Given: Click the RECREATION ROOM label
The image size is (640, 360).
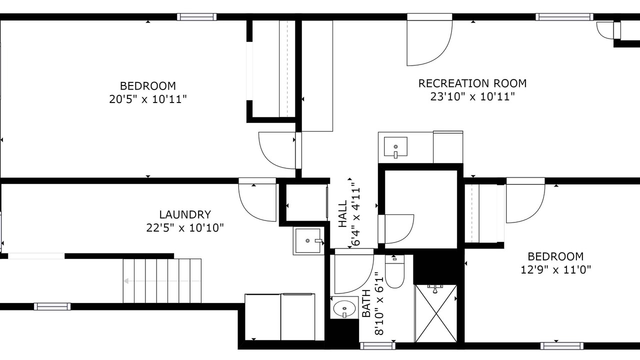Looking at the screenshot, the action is click(472, 83).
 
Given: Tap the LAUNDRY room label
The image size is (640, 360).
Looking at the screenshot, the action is click(185, 214).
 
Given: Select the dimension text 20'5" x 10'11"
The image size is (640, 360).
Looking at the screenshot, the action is click(147, 99).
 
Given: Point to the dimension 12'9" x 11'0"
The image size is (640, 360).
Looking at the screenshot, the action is click(555, 269).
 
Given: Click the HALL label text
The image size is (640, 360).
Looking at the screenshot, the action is click(342, 213).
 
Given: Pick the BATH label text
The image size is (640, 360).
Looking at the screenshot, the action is click(366, 303).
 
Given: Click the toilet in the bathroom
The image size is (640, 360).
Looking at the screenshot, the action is click(394, 271).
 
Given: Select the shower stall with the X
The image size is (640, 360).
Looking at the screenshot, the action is click(435, 313).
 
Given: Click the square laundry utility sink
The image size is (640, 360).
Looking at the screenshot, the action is click(308, 240).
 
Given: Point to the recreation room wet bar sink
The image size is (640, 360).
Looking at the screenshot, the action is click(395, 147).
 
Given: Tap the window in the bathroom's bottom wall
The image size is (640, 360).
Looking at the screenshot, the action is click(377, 346).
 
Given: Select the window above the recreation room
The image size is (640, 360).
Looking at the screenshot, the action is click(564, 17).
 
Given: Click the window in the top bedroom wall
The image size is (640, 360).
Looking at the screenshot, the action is click(196, 17).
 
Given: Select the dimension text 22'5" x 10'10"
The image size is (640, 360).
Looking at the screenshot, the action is click(185, 228).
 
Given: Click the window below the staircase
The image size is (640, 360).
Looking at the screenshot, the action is click(52, 306).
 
